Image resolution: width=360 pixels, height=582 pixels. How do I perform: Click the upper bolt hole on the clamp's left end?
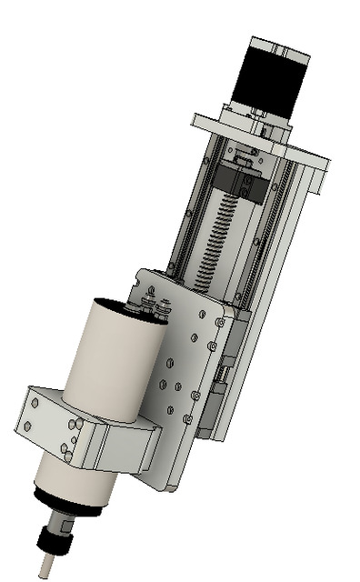[x=31, y=400]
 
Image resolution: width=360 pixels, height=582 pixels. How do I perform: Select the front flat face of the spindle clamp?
[x=123, y=449]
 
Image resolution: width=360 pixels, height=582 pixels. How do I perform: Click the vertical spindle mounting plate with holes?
[x=182, y=382]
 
